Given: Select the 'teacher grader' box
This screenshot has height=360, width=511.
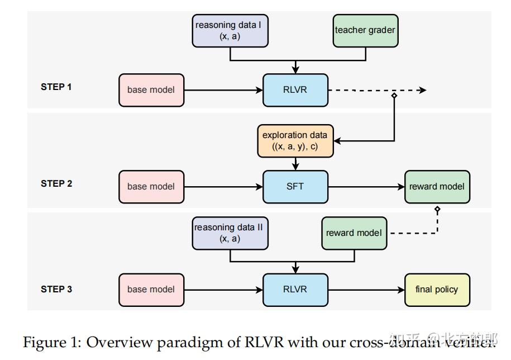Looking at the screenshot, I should click(x=365, y=30).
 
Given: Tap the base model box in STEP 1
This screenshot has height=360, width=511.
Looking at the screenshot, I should click(x=151, y=90).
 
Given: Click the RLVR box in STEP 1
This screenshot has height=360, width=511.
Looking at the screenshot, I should click(x=295, y=90).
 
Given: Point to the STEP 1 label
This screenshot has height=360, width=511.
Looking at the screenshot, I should click(x=56, y=87).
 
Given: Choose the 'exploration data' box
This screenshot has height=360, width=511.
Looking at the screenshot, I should click(x=295, y=141).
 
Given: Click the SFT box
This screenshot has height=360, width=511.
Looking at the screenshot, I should click(x=295, y=187).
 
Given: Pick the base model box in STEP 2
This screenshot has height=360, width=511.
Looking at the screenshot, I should click(x=151, y=187).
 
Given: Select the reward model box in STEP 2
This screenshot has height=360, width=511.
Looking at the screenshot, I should click(x=437, y=187).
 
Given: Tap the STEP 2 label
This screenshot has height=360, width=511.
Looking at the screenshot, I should click(x=56, y=183).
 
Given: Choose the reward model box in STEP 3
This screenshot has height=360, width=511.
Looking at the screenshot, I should click(x=355, y=233).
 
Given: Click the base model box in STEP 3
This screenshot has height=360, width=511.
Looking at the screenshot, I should click(x=151, y=290).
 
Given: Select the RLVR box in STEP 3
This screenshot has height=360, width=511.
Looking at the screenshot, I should click(x=295, y=290).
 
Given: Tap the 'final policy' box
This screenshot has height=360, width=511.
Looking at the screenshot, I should click(x=437, y=290).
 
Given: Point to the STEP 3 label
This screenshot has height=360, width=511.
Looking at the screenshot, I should click(x=56, y=290).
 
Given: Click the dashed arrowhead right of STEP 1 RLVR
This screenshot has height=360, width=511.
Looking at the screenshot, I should click(x=423, y=90).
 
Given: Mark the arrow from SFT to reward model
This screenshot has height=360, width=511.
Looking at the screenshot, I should click(x=366, y=187).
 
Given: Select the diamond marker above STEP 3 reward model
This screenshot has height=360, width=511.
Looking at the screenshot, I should click(x=437, y=210).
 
